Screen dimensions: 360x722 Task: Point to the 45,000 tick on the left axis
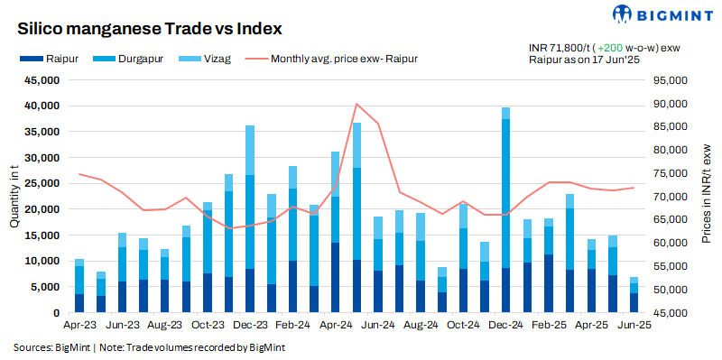pos(41,80)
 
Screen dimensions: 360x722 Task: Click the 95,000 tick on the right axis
pos(669,80)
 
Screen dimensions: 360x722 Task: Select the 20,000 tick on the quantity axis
pos(41,209)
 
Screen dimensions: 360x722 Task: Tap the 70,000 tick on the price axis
pos(669,197)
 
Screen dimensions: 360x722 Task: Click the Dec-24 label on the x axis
pos(505,325)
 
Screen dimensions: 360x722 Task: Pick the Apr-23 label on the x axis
pos(79,325)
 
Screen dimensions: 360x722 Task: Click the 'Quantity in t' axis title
pos(14,197)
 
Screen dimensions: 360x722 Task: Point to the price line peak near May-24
pos(357,105)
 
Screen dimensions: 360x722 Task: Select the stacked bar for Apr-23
pos(79,287)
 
